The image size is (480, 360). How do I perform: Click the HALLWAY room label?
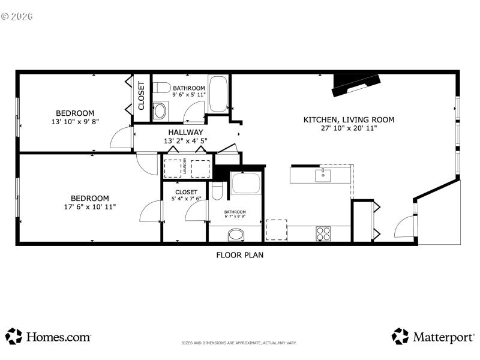(185, 132)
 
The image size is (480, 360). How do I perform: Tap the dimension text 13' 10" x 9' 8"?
(75, 122)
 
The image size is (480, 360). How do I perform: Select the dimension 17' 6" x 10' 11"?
(89, 206)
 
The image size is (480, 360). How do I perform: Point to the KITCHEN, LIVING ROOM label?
(349, 119)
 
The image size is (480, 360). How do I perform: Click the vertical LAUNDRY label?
(185, 169)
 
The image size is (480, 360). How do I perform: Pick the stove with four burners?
(324, 233)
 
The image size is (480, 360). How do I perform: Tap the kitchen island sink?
(323, 175)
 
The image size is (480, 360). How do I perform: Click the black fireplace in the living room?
(356, 84)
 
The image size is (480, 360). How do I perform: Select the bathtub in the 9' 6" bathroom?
(218, 94)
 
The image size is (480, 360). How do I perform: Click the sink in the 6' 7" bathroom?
(236, 233)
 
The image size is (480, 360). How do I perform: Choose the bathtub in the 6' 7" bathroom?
(246, 184)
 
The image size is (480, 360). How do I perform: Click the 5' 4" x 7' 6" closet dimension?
(186, 199)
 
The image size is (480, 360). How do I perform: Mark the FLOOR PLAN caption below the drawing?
(239, 254)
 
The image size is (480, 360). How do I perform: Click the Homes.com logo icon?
(13, 336)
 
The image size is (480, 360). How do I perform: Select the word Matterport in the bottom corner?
(443, 337)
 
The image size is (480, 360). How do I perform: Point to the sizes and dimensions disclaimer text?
(239, 343)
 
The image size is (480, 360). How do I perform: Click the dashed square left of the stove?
(276, 230)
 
